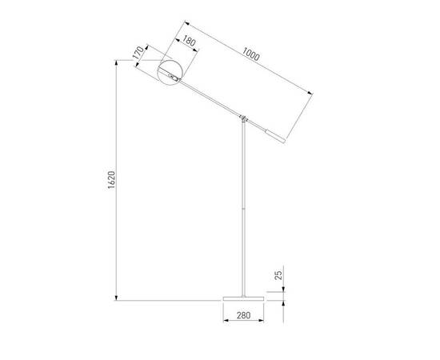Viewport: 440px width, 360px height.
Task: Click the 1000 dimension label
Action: pos(250,55)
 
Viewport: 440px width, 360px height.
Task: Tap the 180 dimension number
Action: pos(190,42)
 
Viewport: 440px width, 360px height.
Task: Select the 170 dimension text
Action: pos(139,53)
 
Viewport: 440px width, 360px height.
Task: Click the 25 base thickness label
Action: pos(278,275)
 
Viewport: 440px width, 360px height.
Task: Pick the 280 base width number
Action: pos(242,315)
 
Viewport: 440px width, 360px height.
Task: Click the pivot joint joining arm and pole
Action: pos(242,121)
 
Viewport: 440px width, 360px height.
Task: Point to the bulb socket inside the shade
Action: pos(172,77)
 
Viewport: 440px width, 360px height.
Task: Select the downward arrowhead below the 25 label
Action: pos(286,291)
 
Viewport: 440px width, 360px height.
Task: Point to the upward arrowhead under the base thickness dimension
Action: pos(286,301)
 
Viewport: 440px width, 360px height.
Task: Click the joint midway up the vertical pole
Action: pos(242,209)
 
